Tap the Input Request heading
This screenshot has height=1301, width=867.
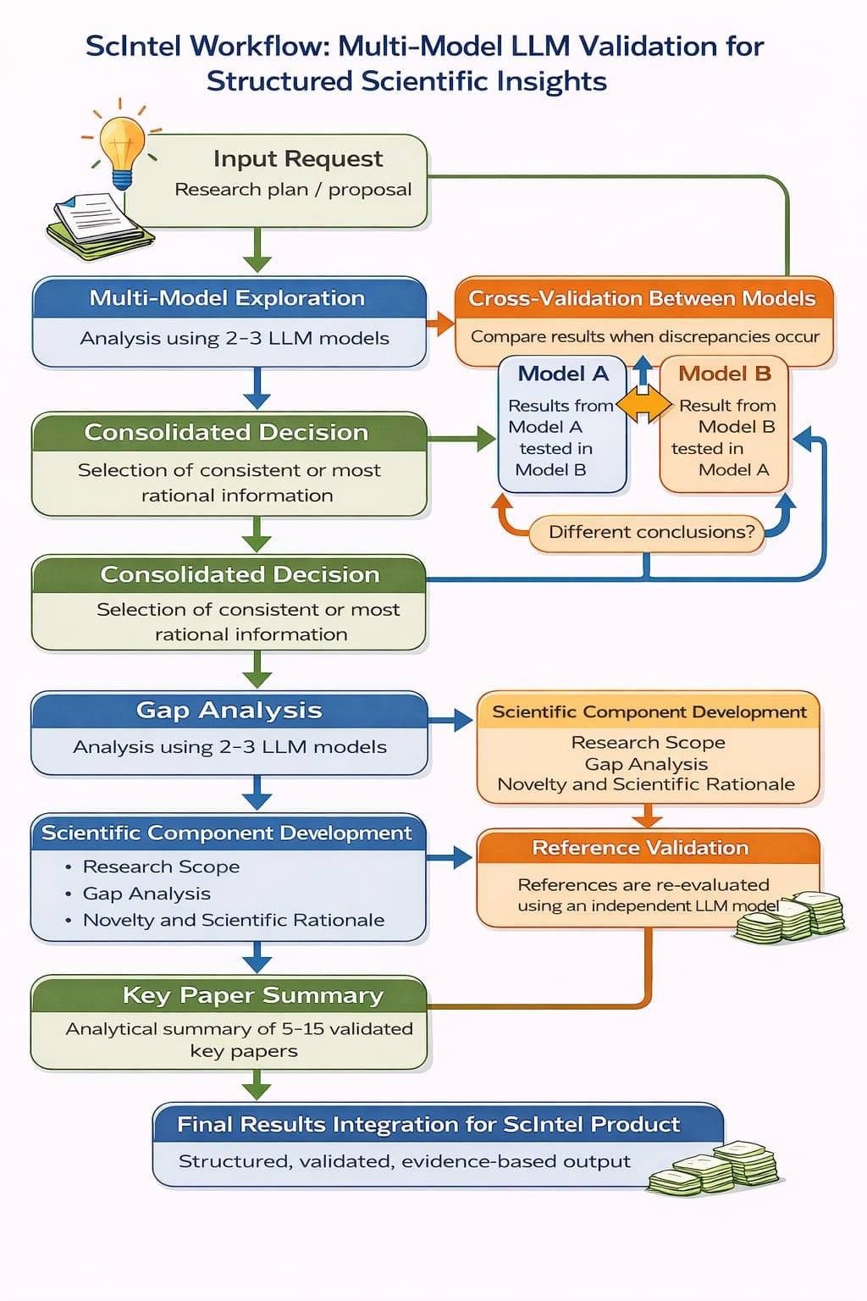298,159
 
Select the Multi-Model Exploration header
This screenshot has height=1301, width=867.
227,298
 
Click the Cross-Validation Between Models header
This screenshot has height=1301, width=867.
642,298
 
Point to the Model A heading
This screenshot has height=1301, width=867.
563,374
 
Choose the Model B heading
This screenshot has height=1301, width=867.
725,374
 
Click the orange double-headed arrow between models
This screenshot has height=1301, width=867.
643,406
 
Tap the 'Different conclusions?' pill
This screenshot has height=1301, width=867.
650,533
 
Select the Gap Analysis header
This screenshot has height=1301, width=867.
229,710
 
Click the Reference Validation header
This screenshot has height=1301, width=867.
640,848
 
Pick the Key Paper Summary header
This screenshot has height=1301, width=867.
252,995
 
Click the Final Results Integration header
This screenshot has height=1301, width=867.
428,1124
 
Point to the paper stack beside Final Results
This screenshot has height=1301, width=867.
716,1168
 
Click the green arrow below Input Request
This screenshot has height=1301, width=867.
257,252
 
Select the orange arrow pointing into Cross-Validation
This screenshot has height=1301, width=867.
440,323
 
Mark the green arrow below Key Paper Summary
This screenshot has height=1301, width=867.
257,1085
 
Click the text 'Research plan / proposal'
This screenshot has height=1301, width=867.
293,190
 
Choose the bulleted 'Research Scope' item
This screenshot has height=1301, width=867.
161,867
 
